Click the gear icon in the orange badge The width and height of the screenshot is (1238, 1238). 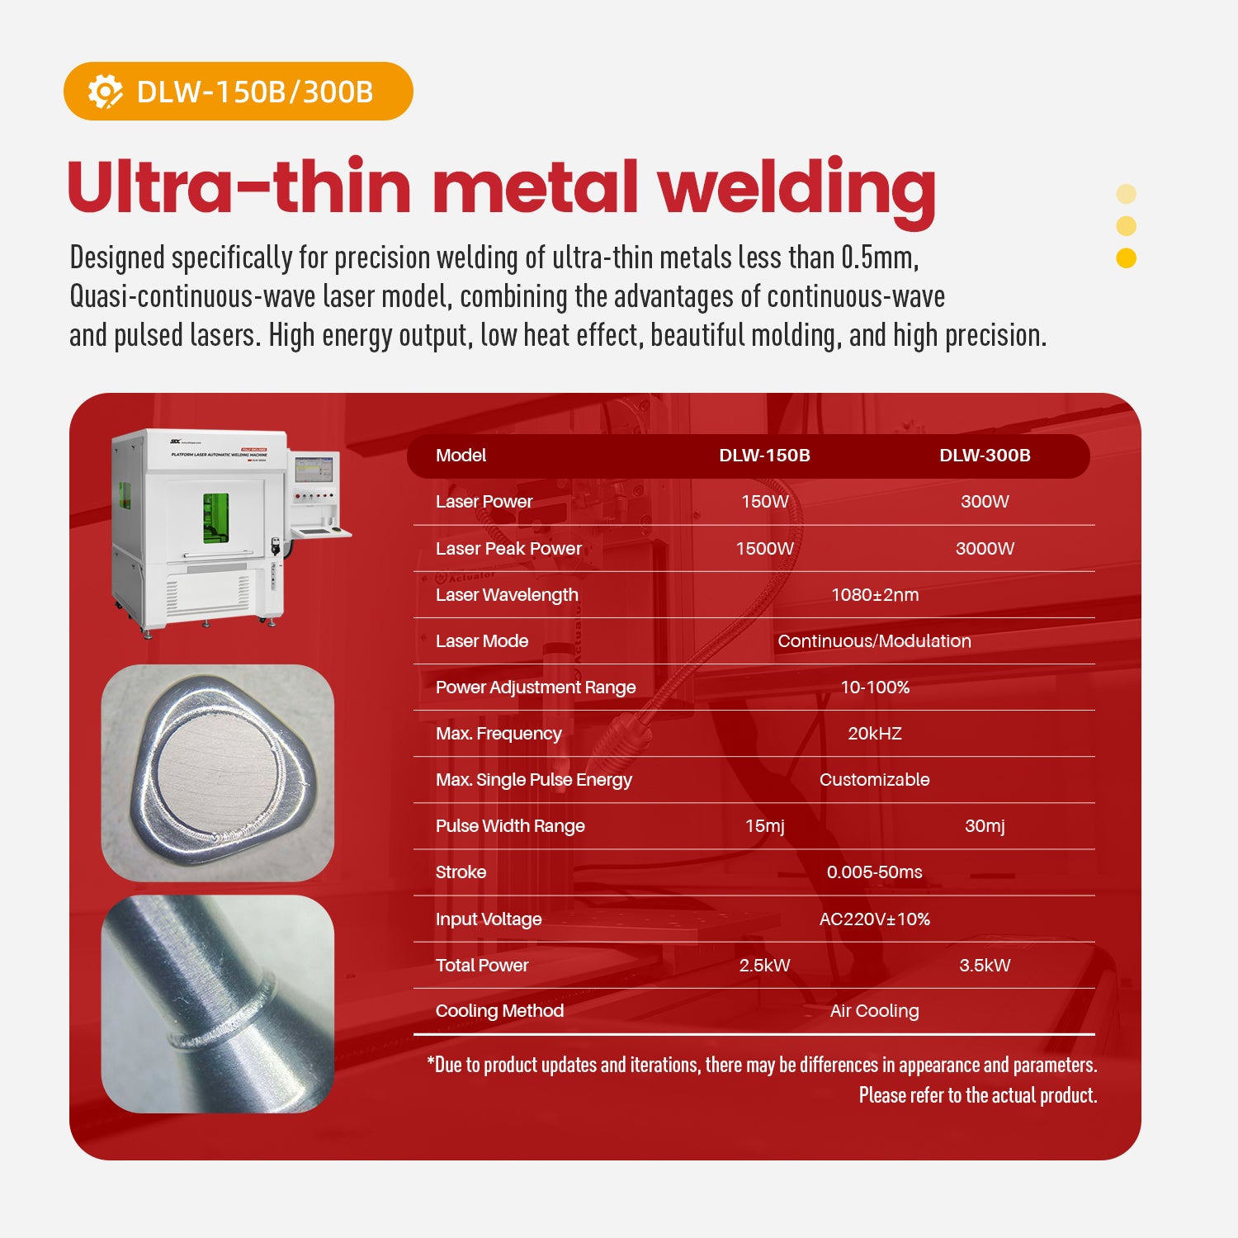[105, 92]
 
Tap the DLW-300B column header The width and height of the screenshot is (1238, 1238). [985, 456]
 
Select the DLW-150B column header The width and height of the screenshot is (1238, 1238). [764, 456]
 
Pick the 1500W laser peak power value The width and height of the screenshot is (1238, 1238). [764, 549]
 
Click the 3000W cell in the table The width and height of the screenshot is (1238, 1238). [985, 549]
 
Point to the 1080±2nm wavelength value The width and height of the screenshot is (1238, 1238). [875, 595]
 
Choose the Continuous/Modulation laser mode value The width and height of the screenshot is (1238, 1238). [875, 641]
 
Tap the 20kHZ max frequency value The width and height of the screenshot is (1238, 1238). [875, 734]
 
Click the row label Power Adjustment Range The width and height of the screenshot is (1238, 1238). [536, 688]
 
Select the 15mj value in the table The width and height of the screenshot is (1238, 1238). [764, 826]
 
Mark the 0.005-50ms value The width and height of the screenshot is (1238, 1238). [875, 872]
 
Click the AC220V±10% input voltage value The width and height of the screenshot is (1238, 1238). [875, 919]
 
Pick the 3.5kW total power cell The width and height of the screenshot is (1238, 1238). [985, 966]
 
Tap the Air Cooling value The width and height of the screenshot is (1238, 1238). [875, 1011]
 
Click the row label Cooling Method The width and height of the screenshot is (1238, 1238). [499, 1011]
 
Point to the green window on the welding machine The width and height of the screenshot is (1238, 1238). [216, 517]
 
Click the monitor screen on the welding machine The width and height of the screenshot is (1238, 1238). [314, 469]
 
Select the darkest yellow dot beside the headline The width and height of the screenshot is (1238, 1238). [1126, 258]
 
